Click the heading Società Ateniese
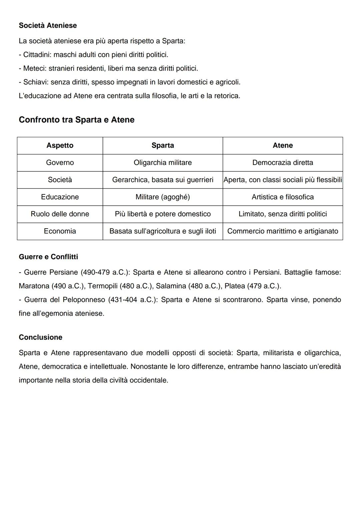click(48, 26)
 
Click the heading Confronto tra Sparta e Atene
click(76, 120)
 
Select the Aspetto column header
click(60, 145)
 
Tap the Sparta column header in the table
click(163, 145)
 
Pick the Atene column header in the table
click(283, 145)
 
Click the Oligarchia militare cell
click(163, 163)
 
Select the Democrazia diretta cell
click(283, 163)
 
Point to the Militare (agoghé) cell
click(163, 197)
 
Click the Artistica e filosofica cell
click(283, 197)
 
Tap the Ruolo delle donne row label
click(60, 214)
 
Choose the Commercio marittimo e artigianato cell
click(283, 231)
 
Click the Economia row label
click(60, 231)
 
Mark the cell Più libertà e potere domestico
click(163, 214)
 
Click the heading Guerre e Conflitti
click(48, 257)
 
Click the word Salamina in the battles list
click(171, 286)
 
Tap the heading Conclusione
click(40, 337)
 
